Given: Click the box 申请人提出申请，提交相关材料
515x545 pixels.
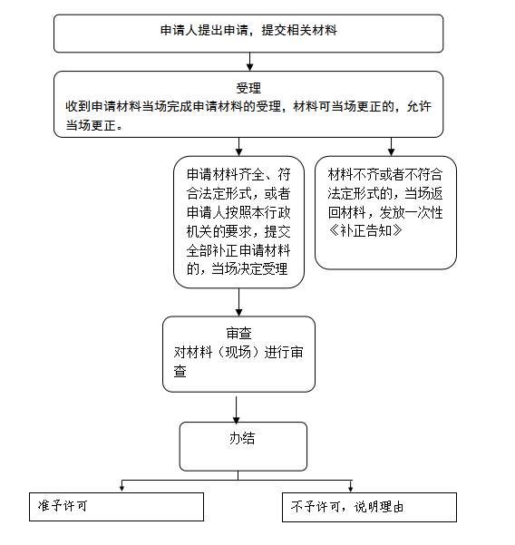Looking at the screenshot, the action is point(248,34).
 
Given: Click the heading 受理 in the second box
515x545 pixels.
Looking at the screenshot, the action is point(248,88).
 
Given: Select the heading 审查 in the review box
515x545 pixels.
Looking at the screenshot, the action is point(238,333).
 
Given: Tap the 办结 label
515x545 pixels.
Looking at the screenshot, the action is point(242,438).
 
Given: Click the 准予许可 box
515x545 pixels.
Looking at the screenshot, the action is point(116,507).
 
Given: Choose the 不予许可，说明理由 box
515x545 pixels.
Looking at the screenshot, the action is point(369,507).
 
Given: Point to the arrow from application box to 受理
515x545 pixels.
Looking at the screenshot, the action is point(249,62).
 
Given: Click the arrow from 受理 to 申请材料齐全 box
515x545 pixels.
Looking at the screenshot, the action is point(238,147).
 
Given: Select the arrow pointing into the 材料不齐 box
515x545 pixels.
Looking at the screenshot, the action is point(391,147).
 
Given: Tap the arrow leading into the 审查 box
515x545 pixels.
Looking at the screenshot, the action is point(238,302).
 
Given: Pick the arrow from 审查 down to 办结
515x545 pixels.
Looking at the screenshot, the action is point(237,410).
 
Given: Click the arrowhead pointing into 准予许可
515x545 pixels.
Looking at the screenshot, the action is point(122,489).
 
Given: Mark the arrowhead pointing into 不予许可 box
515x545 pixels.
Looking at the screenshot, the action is point(351,489).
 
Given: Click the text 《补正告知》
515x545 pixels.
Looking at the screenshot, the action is point(365,230).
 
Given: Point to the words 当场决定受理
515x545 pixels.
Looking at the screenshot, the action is point(249,268).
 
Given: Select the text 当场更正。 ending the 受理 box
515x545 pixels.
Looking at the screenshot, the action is point(94,125).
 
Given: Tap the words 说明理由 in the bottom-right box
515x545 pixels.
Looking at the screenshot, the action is point(379,507).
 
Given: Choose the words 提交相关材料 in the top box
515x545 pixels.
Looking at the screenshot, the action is point(299,30).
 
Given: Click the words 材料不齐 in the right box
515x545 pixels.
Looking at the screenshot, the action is point(353,174).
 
